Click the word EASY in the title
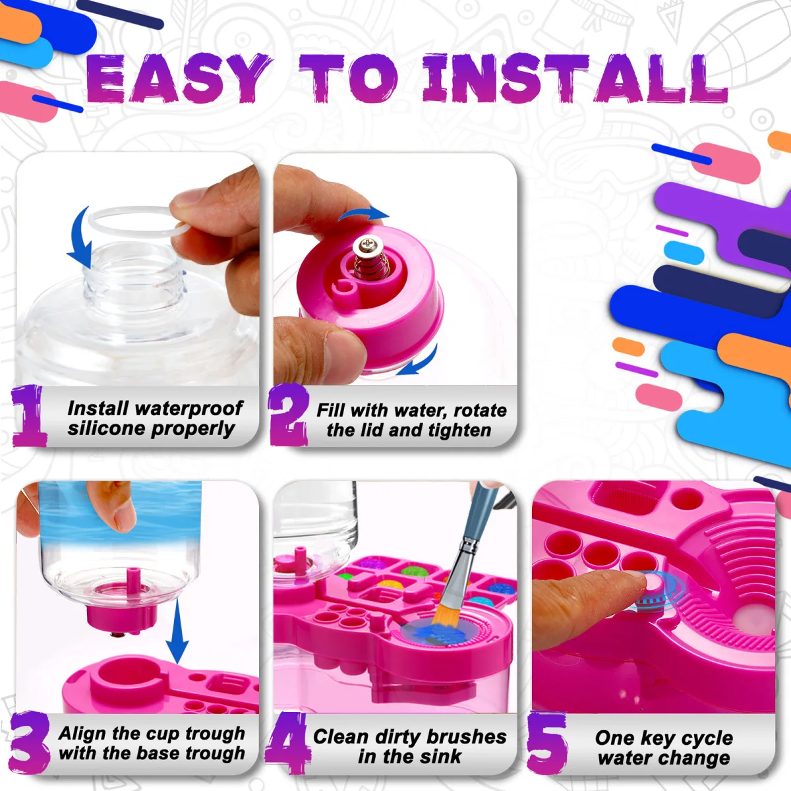[x=178, y=79]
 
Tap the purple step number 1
[x=29, y=417]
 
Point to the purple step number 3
[x=29, y=742]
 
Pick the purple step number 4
[x=287, y=742]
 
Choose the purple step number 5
[x=547, y=744]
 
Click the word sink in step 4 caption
[x=440, y=757]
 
